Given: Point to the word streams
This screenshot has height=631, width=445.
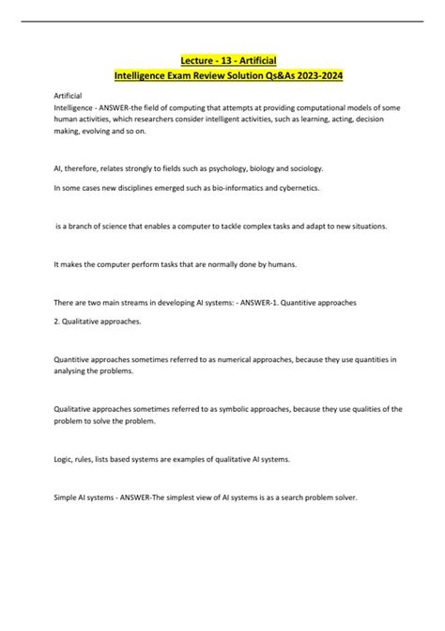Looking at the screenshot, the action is coord(124,305).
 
